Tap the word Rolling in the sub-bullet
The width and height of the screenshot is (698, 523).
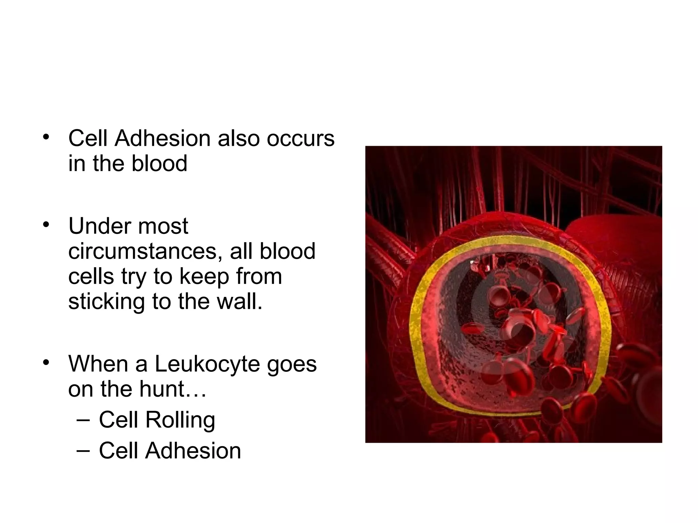coord(180,420)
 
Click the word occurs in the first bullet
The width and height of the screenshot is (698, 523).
coord(300,139)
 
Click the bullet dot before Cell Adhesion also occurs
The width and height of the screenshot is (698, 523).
coord(46,137)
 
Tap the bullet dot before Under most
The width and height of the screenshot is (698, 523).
coord(46,225)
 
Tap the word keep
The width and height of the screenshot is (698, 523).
coord(204,276)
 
